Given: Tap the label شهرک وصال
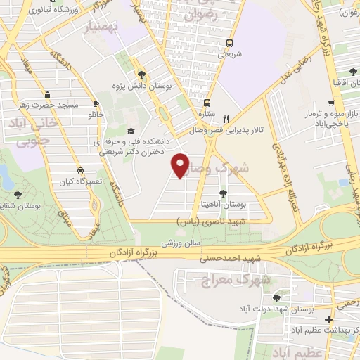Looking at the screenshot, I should pyautogui.click(x=239, y=169).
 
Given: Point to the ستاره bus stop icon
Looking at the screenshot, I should pyautogui.click(x=207, y=101).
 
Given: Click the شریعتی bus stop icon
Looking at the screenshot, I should pyautogui.click(x=229, y=43).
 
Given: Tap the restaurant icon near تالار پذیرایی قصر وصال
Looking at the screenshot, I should pyautogui.click(x=225, y=119).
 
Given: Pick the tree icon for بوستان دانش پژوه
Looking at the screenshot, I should pyautogui.click(x=141, y=74).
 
